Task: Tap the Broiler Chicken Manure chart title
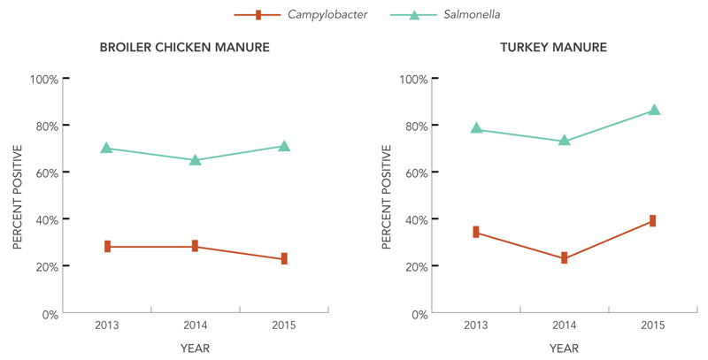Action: pos(186,46)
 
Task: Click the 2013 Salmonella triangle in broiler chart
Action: pos(107,148)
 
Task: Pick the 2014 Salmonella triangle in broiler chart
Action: pos(196,160)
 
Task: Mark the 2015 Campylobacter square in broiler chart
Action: pos(284,259)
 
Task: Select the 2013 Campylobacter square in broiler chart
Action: pos(107,247)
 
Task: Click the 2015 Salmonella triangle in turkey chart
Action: pos(654,110)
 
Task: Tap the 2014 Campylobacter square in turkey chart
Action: pos(565,258)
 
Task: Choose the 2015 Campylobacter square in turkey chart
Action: pos(653,220)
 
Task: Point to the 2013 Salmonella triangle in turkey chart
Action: pos(476,128)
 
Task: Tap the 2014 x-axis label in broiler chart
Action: pos(196,326)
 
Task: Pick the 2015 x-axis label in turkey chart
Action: pos(653,326)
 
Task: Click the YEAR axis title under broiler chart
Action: pos(196,349)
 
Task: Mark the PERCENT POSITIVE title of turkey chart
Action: pos(386,196)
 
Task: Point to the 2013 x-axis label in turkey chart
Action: pos(476,326)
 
